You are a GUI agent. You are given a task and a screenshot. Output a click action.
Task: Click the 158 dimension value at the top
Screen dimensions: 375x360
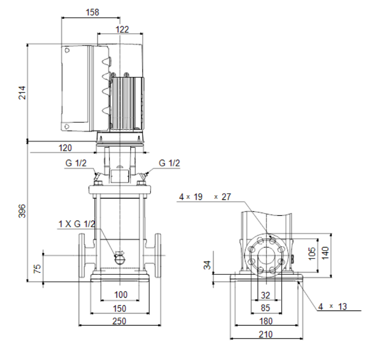(x=92, y=12)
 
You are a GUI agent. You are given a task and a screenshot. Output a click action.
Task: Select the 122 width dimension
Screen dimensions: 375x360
(x=122, y=30)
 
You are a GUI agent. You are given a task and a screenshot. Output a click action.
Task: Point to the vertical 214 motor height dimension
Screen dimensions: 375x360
(x=22, y=93)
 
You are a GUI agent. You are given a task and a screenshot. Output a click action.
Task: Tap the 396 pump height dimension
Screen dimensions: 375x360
(x=22, y=211)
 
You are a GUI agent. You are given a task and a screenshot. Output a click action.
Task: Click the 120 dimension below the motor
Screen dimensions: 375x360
(x=65, y=148)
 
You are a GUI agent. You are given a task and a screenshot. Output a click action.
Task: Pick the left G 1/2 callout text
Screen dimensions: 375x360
(x=76, y=163)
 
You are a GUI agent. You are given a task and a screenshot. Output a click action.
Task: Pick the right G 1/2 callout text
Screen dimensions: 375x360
(x=169, y=163)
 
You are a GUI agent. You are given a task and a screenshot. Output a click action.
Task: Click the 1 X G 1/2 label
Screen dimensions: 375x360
(x=77, y=224)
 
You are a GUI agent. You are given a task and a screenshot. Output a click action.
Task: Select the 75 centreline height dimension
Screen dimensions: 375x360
(x=37, y=269)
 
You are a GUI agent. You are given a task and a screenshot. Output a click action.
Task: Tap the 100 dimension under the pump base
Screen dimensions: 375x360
(x=121, y=295)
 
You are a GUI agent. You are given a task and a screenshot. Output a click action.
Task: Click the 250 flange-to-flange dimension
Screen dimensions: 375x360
(x=119, y=321)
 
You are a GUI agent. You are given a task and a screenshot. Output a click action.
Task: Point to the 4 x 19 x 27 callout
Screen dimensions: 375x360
(x=205, y=197)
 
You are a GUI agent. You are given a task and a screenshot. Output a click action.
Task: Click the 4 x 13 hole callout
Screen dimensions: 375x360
(x=333, y=307)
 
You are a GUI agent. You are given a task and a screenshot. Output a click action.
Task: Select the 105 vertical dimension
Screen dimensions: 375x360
(x=312, y=254)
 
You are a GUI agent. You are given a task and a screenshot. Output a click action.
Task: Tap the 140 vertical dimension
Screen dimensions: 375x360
(x=325, y=253)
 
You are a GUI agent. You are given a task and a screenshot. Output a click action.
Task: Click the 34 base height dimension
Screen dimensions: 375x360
(x=207, y=265)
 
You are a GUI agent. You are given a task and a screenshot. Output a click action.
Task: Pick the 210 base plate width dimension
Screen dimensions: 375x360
(x=265, y=334)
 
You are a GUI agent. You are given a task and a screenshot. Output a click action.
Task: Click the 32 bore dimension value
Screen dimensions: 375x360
(x=265, y=296)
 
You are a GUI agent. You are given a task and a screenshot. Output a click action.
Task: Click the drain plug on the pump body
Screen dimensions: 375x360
(x=119, y=258)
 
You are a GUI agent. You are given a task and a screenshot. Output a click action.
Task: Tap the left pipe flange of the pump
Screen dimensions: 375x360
(x=82, y=255)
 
